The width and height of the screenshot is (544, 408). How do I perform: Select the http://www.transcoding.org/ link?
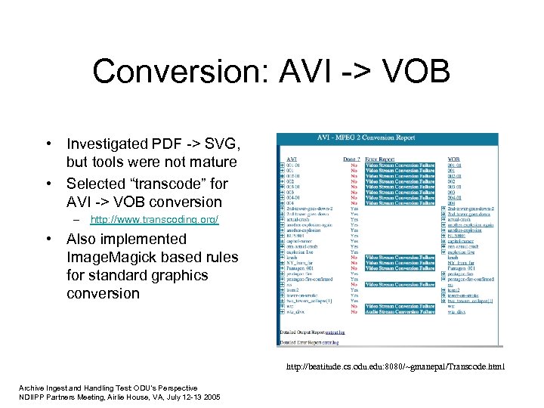point(154,220)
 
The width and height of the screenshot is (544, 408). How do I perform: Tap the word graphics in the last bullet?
point(178,275)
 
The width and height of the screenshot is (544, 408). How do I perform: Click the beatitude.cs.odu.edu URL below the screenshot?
point(395,368)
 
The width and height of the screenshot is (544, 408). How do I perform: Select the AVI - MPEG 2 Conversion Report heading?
point(387,139)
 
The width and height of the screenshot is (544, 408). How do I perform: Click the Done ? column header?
point(352,159)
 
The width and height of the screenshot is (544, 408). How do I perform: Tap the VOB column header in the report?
point(453,159)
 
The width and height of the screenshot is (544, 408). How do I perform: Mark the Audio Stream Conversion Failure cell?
point(400,311)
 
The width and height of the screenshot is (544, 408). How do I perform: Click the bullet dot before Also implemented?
point(48,239)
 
